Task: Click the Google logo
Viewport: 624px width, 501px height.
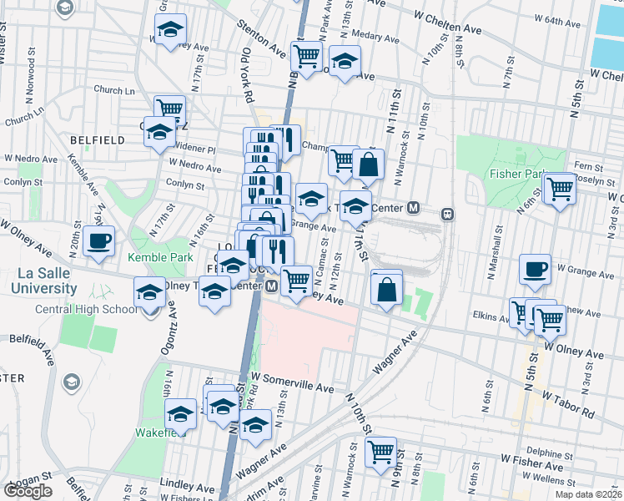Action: (28, 491)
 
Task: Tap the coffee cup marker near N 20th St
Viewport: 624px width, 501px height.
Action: (98, 240)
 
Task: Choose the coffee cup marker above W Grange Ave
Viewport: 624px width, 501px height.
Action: (535, 270)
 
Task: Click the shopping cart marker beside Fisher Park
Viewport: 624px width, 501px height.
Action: (559, 188)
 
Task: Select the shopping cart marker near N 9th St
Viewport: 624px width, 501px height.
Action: (380, 452)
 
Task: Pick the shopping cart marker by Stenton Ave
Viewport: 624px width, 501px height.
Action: (307, 56)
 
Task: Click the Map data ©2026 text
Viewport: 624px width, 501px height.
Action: (588, 494)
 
